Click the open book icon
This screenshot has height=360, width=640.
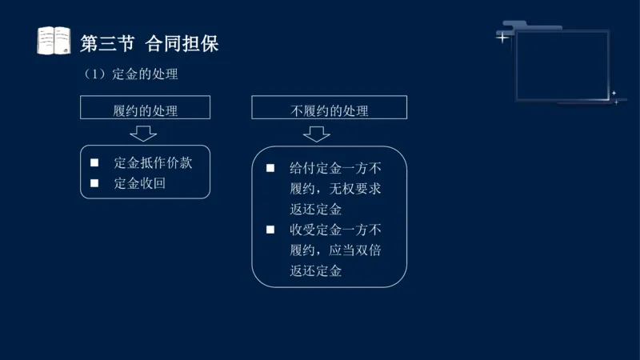coord(54,41)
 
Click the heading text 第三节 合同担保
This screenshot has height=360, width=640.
coord(150,43)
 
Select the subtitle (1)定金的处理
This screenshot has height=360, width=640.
coord(130,74)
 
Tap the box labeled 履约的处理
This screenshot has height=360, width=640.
coord(145,108)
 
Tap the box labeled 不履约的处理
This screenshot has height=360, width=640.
coord(329,108)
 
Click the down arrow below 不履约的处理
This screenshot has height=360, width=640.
coord(317,134)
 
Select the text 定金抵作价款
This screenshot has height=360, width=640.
coord(153,162)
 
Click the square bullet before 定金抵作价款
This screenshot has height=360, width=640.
coord(94,162)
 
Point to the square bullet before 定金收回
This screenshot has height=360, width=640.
coord(94,183)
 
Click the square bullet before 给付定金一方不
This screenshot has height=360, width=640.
coord(270,169)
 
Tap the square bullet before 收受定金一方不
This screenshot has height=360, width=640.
coord(270,230)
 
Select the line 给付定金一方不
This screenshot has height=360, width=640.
coord(335,169)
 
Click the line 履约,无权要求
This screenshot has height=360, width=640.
coord(335,190)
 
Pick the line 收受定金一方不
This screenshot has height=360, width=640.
coord(335,230)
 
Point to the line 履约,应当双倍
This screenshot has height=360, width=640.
coord(335,250)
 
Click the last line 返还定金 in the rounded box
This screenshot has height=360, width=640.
coord(316,271)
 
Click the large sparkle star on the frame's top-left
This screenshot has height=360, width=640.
coord(502,37)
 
